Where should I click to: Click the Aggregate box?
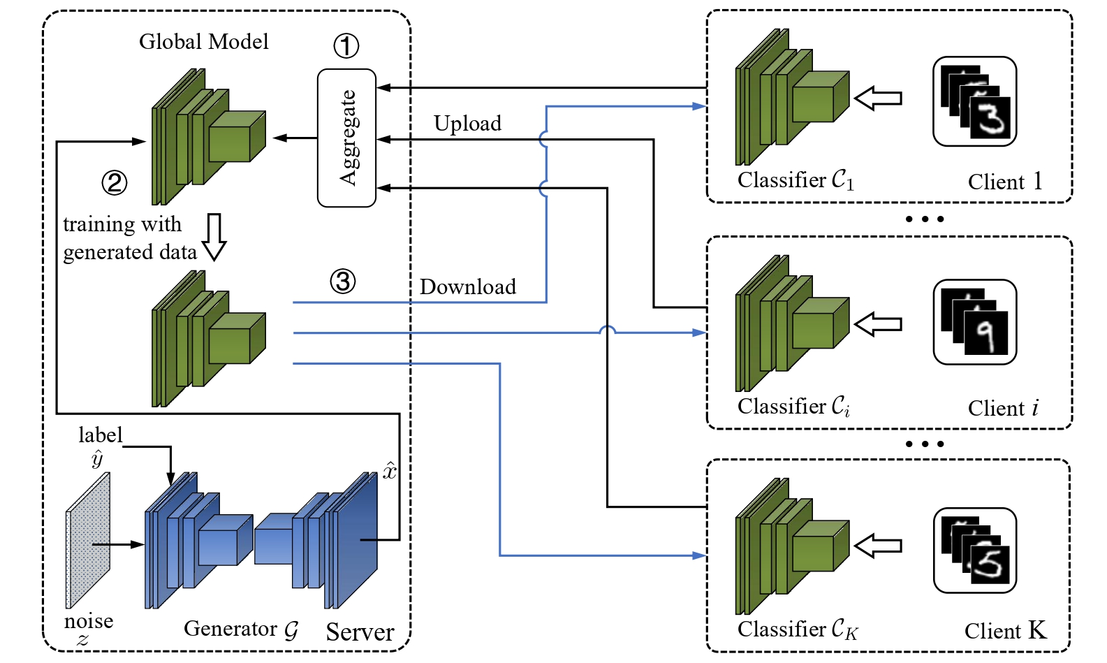(346, 138)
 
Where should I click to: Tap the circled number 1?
(346, 46)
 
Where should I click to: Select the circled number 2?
(115, 182)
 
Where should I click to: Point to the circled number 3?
(342, 282)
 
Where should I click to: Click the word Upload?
(467, 124)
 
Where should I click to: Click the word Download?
(467, 286)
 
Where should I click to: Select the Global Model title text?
(203, 42)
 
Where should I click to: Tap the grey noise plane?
(88, 540)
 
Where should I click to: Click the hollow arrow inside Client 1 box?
(878, 99)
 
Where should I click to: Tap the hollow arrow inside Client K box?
(878, 546)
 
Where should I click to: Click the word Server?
(360, 632)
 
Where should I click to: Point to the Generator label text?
(241, 629)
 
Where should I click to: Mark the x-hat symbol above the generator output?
(389, 470)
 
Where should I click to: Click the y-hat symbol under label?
(97, 459)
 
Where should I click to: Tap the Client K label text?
(1005, 631)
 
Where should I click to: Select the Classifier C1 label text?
(796, 180)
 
